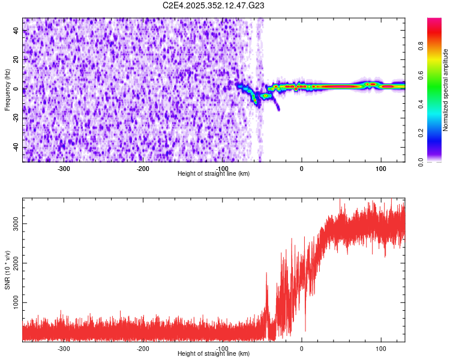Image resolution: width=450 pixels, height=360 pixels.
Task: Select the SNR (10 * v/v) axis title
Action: pyautogui.click(x=7, y=269)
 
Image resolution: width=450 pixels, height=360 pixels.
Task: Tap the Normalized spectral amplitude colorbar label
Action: pyautogui.click(x=446, y=91)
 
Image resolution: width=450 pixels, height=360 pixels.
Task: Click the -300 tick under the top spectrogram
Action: pyautogui.click(x=64, y=169)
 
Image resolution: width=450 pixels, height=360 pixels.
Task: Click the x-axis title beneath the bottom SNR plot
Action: pyautogui.click(x=214, y=354)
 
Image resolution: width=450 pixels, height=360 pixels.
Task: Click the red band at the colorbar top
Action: pyautogui.click(x=434, y=24)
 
